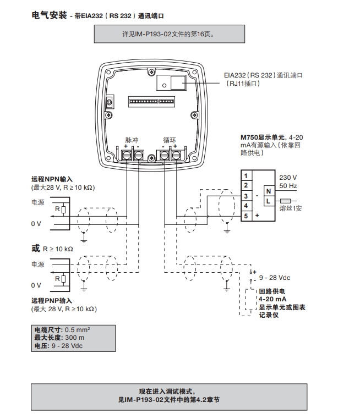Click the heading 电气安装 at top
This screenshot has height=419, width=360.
click(x=50, y=15)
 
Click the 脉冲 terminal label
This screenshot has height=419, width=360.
click(x=132, y=140)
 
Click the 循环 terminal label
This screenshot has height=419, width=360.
click(x=170, y=140)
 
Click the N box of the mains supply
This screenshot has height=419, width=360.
click(x=269, y=191)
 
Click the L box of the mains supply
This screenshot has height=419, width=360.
click(x=269, y=202)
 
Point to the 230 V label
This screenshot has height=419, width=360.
click(x=288, y=178)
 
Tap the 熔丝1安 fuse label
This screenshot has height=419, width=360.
click(x=291, y=208)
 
